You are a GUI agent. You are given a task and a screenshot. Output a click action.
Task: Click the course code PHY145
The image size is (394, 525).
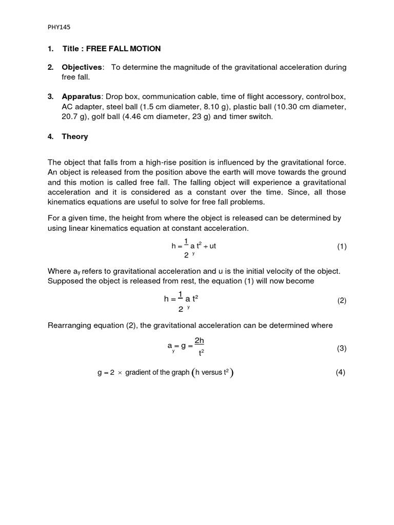56,29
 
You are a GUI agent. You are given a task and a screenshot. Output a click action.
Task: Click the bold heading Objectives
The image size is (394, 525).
82,68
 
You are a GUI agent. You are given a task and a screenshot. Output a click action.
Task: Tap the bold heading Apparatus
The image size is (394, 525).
82,96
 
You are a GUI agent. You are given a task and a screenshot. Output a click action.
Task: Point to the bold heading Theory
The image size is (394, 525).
75,136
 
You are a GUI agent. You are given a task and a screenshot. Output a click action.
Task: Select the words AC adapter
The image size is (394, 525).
80,107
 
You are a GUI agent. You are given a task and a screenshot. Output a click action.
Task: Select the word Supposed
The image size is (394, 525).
65,281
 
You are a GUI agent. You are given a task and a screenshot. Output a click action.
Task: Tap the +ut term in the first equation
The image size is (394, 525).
209,246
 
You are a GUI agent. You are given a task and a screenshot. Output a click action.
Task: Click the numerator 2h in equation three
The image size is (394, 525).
200,340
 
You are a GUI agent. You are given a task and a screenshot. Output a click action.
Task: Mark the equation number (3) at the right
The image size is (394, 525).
342,349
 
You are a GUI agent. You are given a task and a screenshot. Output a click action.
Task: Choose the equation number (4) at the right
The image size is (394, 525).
341,373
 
